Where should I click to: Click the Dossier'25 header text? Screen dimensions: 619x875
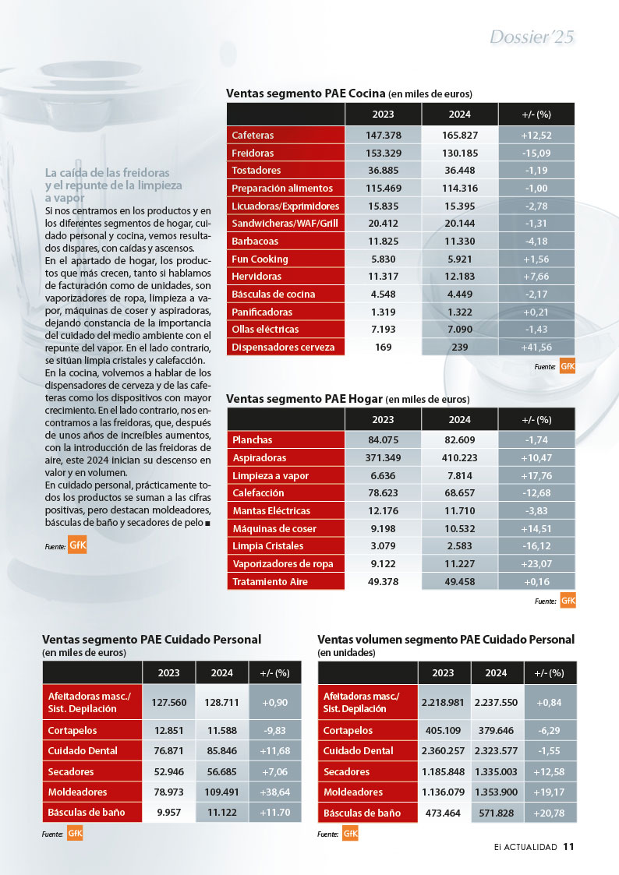click(532, 37)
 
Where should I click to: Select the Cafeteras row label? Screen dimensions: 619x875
click(253, 135)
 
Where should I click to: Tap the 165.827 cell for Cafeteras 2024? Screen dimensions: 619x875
click(460, 135)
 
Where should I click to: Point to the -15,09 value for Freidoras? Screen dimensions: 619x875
click(536, 153)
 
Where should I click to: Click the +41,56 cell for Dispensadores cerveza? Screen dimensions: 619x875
click(536, 347)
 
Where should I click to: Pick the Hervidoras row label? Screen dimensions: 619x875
click(256, 277)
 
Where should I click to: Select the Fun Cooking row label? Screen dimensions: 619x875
click(260, 259)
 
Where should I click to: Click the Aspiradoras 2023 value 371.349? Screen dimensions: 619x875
click(384, 457)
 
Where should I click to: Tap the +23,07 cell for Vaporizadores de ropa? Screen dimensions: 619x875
click(536, 563)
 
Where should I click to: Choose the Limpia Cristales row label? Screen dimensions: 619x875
click(268, 545)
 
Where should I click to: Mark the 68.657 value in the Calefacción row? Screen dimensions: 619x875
click(460, 492)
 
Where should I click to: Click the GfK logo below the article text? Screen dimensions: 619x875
click(77, 545)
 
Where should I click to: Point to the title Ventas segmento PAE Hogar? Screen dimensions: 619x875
click(304, 399)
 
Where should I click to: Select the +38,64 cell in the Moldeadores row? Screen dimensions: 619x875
click(275, 792)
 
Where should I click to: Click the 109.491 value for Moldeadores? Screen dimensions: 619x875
click(222, 792)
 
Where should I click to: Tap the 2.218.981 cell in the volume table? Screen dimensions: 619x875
click(443, 703)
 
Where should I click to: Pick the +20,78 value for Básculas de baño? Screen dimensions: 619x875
click(550, 813)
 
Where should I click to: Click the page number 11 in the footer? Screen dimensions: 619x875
click(569, 846)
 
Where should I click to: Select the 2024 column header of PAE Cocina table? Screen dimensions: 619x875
click(460, 115)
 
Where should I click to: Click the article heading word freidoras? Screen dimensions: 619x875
click(146, 172)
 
